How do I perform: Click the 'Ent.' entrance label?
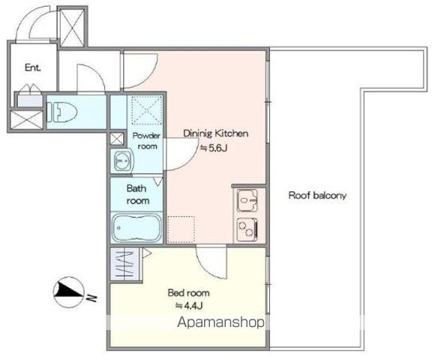tap(33, 67)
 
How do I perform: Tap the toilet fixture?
tap(61, 112)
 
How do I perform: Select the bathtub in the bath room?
tap(136, 227)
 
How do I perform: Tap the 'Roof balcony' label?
tap(317, 196)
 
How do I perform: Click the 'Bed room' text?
tap(189, 292)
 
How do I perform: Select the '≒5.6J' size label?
tap(214, 148)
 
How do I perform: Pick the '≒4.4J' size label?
tap(189, 305)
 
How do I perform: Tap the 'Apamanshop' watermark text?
tap(221, 322)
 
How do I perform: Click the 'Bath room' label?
tap(137, 194)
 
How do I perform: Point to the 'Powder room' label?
tap(146, 141)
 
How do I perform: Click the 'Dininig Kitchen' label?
tap(216, 133)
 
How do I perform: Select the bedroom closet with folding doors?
tap(124, 264)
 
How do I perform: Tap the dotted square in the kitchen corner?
tap(181, 229)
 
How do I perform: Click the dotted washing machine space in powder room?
tap(145, 110)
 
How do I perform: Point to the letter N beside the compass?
tap(91, 298)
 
